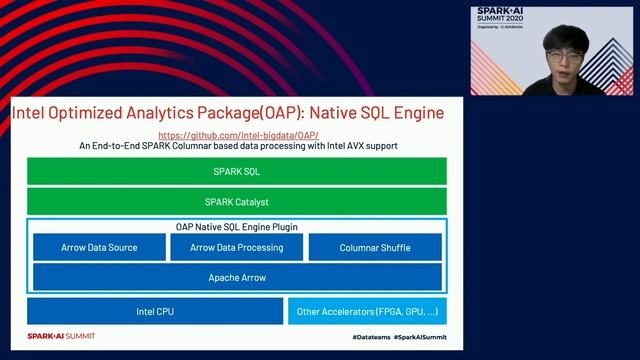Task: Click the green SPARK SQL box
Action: click(238, 171)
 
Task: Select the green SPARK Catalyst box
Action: click(238, 201)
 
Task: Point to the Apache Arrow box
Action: click(238, 276)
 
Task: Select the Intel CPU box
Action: click(155, 312)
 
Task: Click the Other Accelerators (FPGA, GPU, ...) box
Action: click(368, 312)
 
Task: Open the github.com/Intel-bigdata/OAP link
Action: click(238, 134)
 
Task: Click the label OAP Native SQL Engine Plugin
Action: click(238, 227)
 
